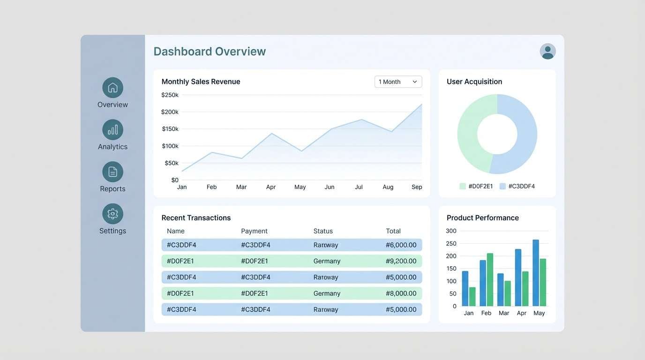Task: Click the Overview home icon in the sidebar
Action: [x=112, y=88]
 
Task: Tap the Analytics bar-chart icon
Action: [x=112, y=130]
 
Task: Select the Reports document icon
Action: [x=112, y=172]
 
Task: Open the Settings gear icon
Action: [x=112, y=214]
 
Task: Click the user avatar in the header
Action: [x=547, y=52]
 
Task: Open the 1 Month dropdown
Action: [x=398, y=82]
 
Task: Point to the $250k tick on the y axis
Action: [x=170, y=95]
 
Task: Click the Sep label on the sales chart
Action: [x=417, y=187]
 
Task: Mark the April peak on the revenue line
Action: [x=271, y=134]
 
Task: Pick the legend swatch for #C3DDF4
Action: [x=503, y=186]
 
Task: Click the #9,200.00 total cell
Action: [x=401, y=261]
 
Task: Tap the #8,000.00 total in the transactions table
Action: [x=401, y=293]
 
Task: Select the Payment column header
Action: [x=254, y=231]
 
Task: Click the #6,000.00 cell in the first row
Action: [x=401, y=245]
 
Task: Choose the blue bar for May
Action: [x=536, y=273]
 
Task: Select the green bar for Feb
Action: [x=490, y=279]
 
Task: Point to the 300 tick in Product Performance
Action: [x=451, y=231]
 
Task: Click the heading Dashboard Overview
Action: [x=210, y=52]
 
